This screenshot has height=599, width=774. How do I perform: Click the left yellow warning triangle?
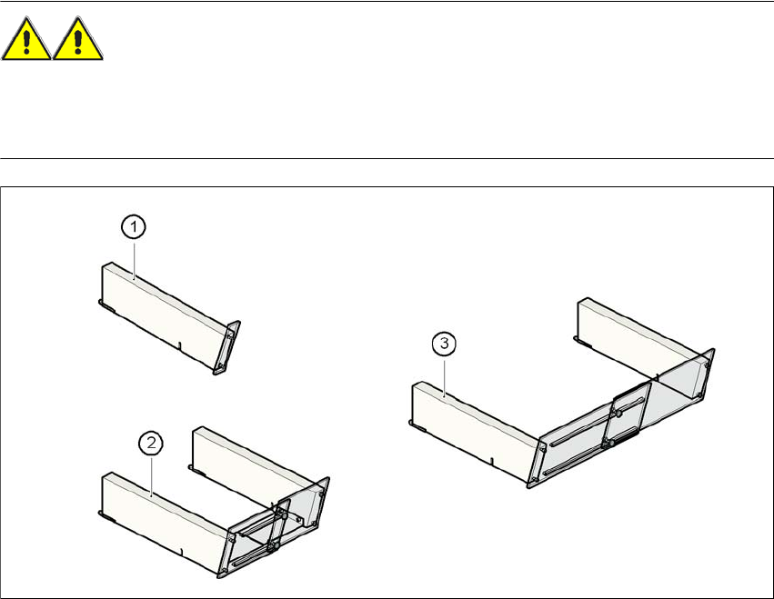coord(26,39)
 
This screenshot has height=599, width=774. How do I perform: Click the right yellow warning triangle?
coord(77,39)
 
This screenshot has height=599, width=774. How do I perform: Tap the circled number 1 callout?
coord(134,227)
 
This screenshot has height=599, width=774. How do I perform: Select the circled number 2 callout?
coord(151,443)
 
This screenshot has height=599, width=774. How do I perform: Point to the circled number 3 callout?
coord(444,343)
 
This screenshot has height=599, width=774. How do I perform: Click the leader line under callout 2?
coord(151,474)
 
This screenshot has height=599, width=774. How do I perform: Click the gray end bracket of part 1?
coord(227,347)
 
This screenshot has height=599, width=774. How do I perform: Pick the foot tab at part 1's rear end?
coord(106,304)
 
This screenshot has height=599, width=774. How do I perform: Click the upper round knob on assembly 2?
coord(285,515)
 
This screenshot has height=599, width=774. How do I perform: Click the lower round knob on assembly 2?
coord(273,546)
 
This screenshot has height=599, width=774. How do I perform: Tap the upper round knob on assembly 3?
coord(619,413)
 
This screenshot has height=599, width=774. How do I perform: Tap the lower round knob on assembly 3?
coord(611,444)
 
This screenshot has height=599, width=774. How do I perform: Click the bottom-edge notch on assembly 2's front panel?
coord(182,551)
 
